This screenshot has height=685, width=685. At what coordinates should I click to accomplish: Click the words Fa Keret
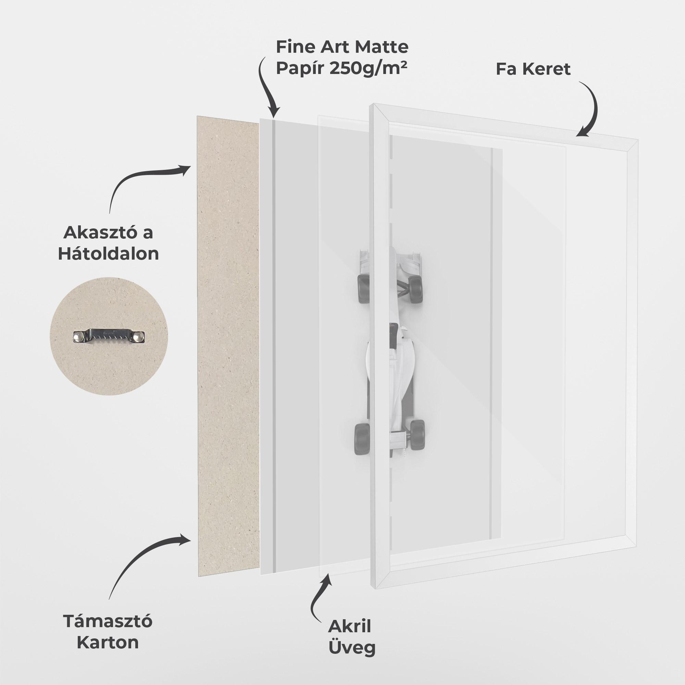click(x=533, y=69)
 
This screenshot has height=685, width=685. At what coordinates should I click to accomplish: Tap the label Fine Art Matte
click(x=342, y=47)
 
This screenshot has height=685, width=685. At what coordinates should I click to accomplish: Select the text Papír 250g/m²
click(x=341, y=68)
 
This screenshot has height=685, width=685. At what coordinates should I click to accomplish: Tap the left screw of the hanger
click(x=78, y=335)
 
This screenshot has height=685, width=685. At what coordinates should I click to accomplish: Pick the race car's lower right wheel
click(x=417, y=435)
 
